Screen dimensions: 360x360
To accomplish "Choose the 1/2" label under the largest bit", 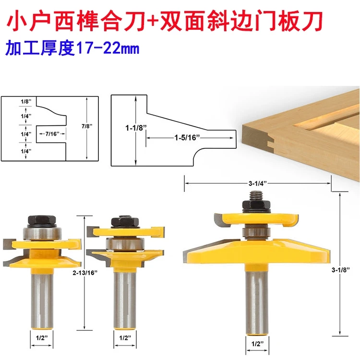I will [x=257, y=344].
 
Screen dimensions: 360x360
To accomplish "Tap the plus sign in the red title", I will [x=164, y=23].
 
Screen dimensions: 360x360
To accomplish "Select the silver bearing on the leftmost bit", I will [x=42, y=236].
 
